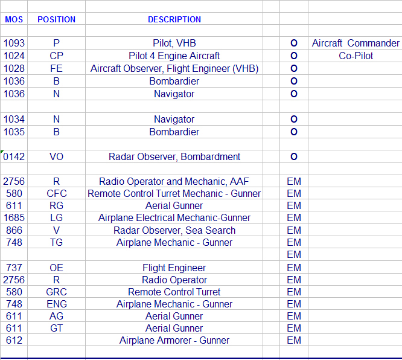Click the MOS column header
[14, 19]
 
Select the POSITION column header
[57, 19]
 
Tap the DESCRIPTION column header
[174, 19]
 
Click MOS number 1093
[14, 43]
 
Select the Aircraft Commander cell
[356, 43]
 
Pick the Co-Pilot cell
[356, 56]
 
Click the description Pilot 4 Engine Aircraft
[174, 56]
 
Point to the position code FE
[57, 69]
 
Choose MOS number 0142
[14, 157]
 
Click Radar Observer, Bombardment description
[174, 157]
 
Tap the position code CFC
[57, 194]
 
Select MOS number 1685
[14, 218]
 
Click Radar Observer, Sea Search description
[174, 231]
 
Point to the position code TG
[57, 243]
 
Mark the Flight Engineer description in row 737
[174, 268]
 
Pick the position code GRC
[57, 292]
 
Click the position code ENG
[57, 304]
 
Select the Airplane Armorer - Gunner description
[174, 341]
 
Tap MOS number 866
[14, 231]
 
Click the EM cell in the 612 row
[294, 341]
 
